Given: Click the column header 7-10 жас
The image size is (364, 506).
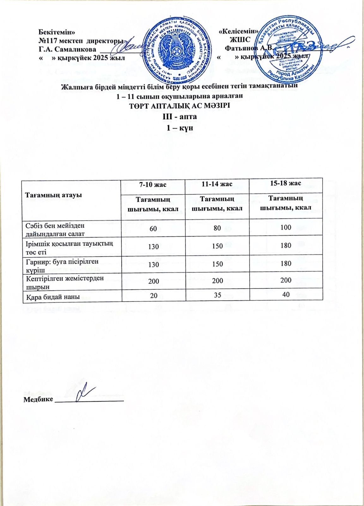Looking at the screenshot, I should [153, 184].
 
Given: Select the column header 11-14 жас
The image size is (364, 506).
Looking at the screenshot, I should [217, 184].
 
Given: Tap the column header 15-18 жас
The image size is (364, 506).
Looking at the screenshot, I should [286, 183].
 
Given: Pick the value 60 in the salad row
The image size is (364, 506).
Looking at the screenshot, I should [153, 228].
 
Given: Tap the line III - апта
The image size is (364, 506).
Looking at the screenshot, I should [179, 117].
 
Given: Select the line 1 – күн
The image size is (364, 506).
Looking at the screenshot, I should [179, 128].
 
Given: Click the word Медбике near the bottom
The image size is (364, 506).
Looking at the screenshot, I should [38, 399].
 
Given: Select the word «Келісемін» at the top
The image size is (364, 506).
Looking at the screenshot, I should [239, 31].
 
